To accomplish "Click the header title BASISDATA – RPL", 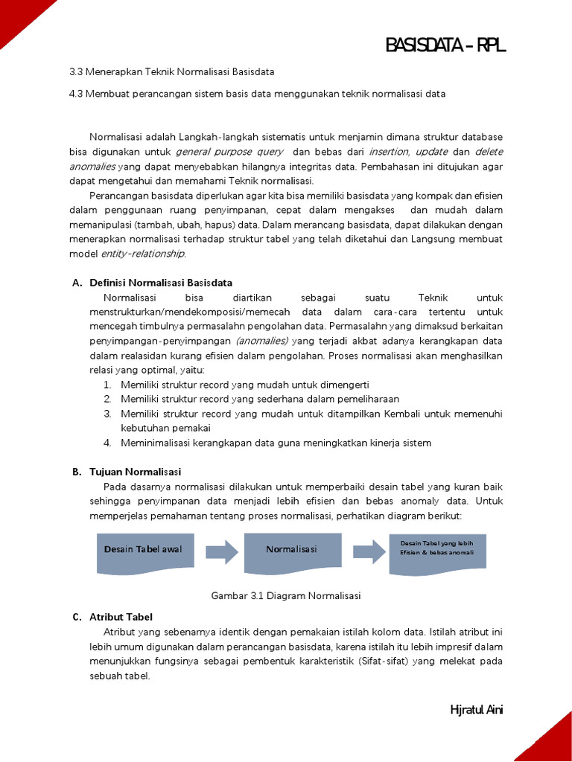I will click(445, 46).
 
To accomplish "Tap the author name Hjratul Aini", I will click(477, 709).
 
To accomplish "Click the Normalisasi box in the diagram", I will click(291, 550).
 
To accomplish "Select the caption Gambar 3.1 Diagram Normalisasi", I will click(286, 596).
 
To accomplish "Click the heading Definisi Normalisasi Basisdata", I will click(161, 282).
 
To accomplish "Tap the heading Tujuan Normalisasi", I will click(135, 472).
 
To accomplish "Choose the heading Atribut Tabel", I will click(121, 617).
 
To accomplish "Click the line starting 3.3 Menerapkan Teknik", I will click(171, 72).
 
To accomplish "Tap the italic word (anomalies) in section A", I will click(261, 341).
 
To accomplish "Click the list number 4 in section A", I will click(107, 443).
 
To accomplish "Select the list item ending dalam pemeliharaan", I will click(259, 399).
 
